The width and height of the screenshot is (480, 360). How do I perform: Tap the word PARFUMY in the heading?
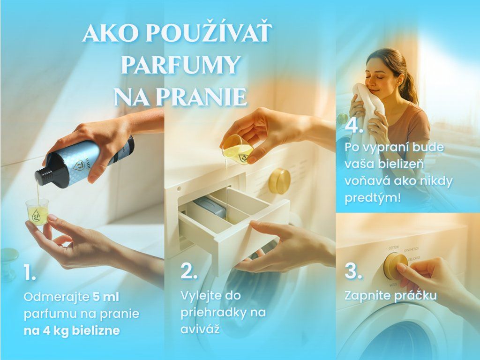tap(180, 64)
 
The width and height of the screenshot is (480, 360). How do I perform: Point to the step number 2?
tap(188, 270)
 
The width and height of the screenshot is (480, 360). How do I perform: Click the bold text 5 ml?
tap(105, 297)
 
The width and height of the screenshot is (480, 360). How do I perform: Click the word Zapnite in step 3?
tap(364, 295)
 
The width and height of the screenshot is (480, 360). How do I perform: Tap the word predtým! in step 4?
tap(373, 197)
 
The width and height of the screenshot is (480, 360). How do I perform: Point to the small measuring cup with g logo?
tap(37, 211)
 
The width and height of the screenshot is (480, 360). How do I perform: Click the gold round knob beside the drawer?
tap(279, 181)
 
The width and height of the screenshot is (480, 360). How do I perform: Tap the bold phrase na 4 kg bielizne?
tap(72, 330)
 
